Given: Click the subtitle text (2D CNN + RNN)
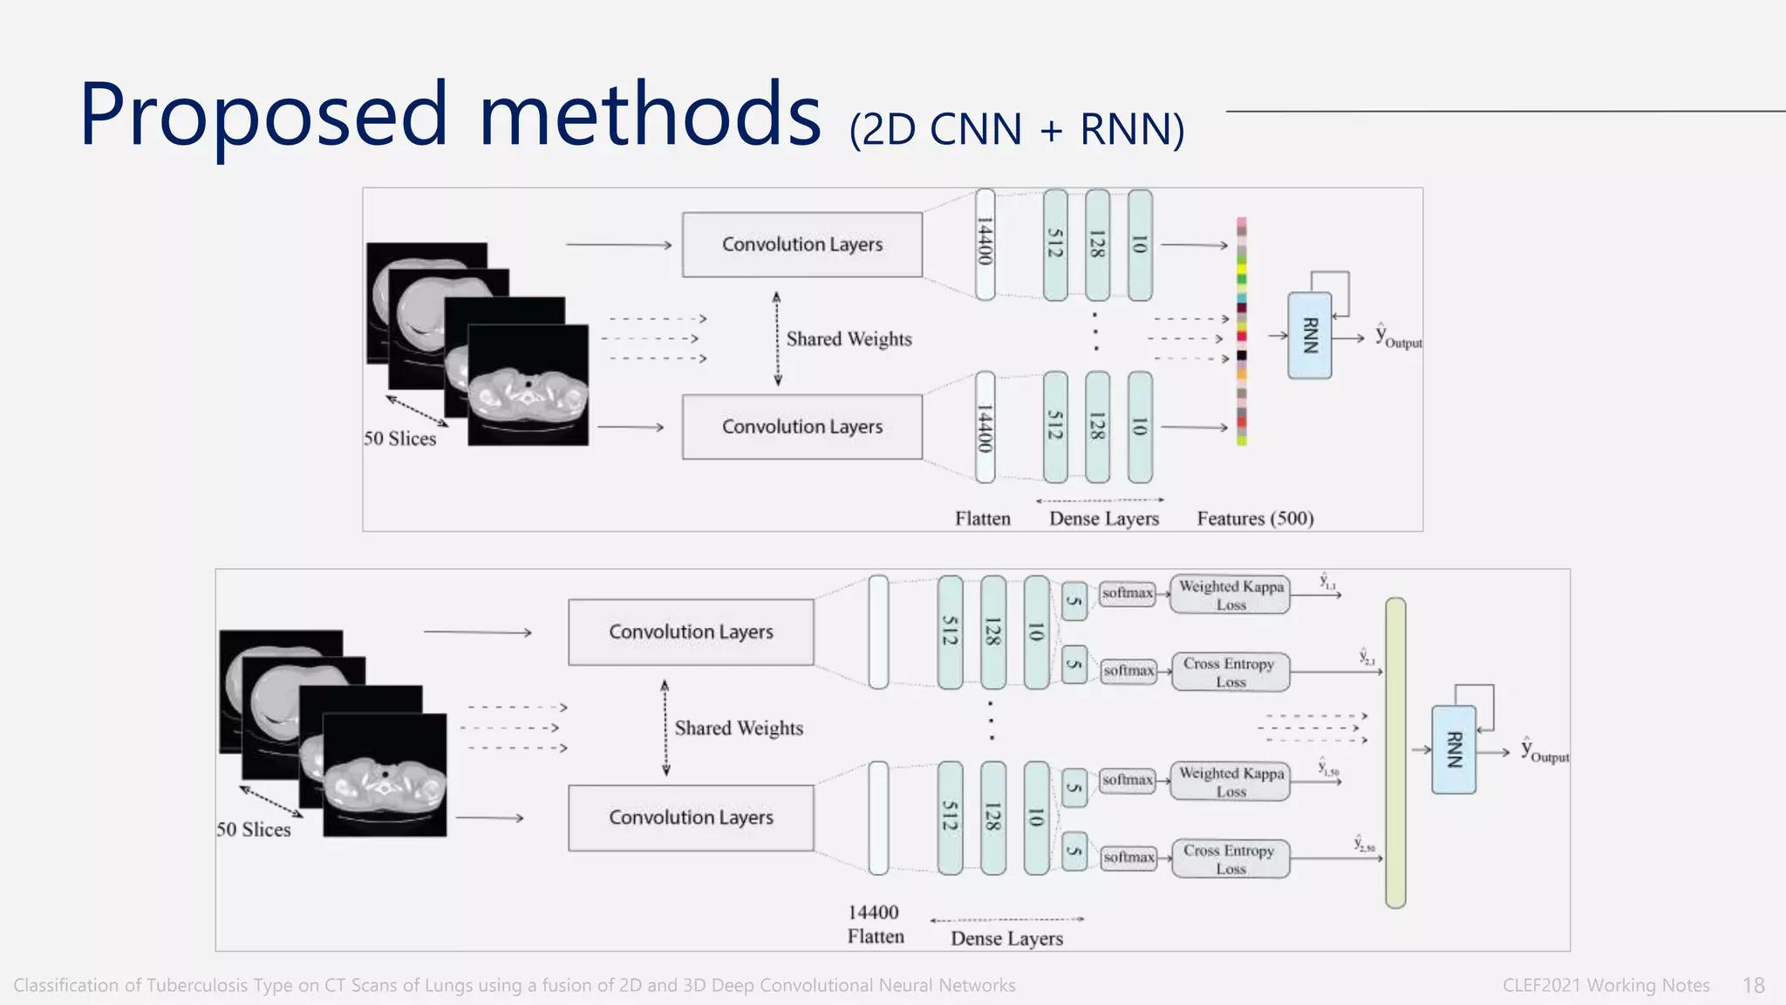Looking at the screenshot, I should [x=1017, y=130].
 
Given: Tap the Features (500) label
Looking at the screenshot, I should [x=1255, y=519].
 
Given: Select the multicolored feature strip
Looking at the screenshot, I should [x=1241, y=332].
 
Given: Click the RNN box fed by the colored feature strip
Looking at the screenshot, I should [x=1309, y=336].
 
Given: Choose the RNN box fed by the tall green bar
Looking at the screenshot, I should [x=1454, y=749].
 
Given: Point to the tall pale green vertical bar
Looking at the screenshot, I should [x=1395, y=753].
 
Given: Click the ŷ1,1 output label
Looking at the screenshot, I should [x=1327, y=582].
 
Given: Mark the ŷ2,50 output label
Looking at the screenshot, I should [x=1364, y=844].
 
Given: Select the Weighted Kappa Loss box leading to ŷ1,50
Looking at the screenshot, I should [x=1230, y=782].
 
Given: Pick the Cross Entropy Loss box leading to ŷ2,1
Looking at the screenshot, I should [x=1230, y=672].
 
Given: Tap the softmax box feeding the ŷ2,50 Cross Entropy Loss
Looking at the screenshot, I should [x=1128, y=858].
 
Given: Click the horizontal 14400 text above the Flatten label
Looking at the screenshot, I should [x=873, y=913].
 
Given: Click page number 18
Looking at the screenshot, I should [x=1753, y=986].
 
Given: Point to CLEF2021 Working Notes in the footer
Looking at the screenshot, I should [x=1605, y=986].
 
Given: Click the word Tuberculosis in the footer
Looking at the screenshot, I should [x=198, y=986].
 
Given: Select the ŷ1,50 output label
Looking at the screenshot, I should [x=1328, y=769].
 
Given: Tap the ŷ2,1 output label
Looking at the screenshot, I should [x=1367, y=657].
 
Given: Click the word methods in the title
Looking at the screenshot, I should [x=650, y=115].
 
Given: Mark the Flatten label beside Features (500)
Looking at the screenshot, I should [x=982, y=519].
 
